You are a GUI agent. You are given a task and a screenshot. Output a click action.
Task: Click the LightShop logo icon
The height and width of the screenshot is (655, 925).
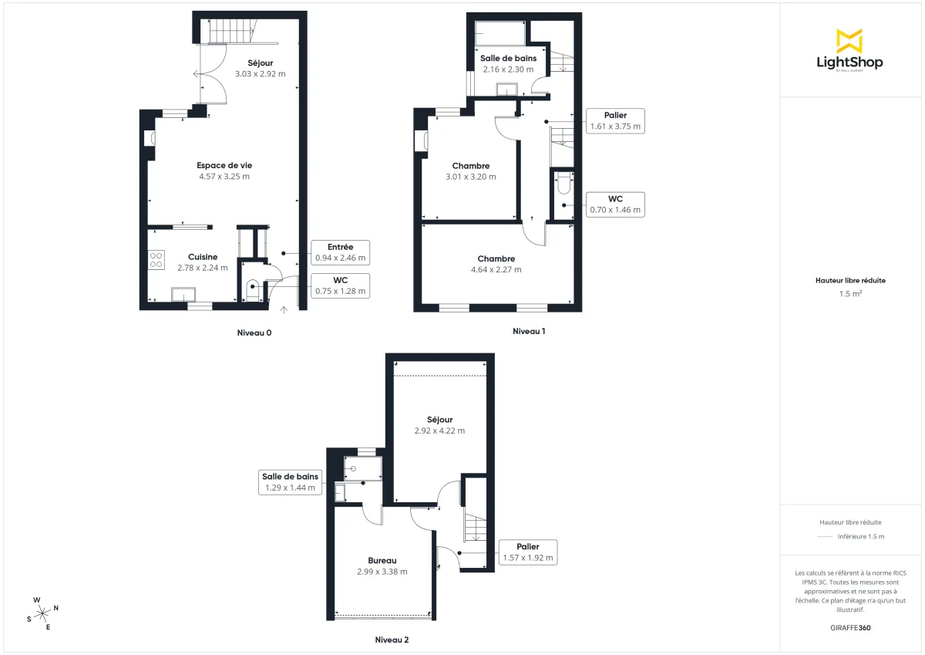point(849,41)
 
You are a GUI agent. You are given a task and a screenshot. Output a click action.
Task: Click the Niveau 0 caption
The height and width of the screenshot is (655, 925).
point(254,333)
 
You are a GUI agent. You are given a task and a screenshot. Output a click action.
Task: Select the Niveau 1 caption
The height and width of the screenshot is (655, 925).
point(529,331)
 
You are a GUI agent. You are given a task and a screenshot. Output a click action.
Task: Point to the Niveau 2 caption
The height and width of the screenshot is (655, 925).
point(392,640)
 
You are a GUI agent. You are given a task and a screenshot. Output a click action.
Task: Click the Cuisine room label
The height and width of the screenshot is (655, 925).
point(203,257)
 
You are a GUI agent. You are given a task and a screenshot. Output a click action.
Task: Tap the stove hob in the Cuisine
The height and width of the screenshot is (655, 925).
point(156,260)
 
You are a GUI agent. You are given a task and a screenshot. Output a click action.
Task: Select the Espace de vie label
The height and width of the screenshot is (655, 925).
point(224,165)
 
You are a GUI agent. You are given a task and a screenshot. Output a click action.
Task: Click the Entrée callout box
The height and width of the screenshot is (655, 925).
point(340,252)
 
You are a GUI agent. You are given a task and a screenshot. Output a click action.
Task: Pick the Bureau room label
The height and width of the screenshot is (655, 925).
point(382,560)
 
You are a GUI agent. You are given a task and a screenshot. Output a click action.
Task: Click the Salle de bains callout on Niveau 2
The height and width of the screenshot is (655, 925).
point(290,482)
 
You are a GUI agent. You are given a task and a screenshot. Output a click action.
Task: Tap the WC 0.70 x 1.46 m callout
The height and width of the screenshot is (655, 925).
point(614,204)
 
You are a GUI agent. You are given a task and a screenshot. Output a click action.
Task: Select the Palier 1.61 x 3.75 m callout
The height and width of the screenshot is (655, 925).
point(615,121)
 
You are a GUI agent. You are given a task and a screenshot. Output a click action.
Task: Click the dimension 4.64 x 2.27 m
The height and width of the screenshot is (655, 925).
point(496,270)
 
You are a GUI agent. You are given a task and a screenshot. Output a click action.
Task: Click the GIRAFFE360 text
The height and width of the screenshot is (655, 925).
point(850,628)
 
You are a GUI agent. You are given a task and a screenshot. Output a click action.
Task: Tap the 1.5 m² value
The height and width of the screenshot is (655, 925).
point(850,294)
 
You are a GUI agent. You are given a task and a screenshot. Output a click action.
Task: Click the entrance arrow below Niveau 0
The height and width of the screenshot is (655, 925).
point(284,310)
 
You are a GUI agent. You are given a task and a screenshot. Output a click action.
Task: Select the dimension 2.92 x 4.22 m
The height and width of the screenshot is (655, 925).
point(439,430)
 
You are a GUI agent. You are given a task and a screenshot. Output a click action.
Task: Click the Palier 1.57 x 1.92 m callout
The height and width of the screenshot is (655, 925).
point(527,552)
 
